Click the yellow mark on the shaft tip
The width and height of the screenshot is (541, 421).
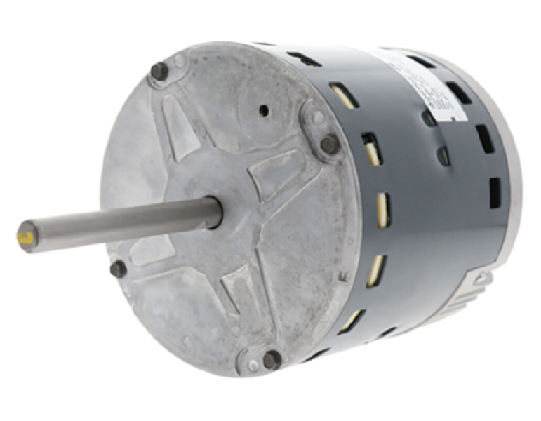pyautogui.click(x=26, y=237)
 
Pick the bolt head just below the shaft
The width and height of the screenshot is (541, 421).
pyautogui.click(x=119, y=269)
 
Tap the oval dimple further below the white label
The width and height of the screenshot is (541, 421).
pyautogui.click(x=443, y=155)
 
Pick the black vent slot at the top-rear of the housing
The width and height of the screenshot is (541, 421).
pyautogui.click(x=422, y=62)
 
